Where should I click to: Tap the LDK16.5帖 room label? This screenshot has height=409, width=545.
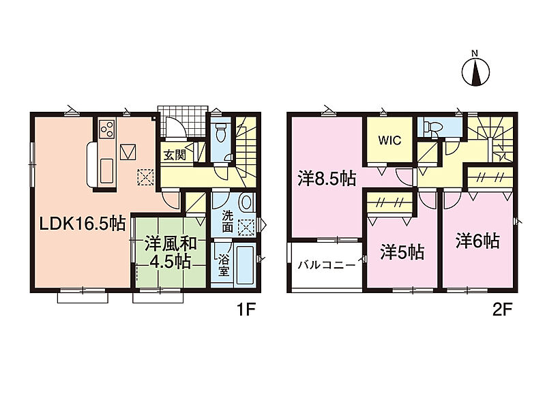pyautogui.click(x=83, y=224)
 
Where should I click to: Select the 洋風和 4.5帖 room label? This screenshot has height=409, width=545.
pyautogui.click(x=171, y=253)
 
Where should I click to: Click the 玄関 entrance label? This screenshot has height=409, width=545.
pyautogui.click(x=175, y=155)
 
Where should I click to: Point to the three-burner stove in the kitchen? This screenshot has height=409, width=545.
pyautogui.click(x=107, y=130)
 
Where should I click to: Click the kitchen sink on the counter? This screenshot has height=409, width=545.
pyautogui.click(x=107, y=170)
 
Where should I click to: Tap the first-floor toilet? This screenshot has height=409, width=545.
pyautogui.click(x=221, y=133)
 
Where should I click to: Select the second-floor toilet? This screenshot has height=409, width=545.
pyautogui.click(x=431, y=127)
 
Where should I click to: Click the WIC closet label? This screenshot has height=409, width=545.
pyautogui.click(x=389, y=140)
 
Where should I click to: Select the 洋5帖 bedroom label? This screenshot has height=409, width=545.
pyautogui.click(x=402, y=252)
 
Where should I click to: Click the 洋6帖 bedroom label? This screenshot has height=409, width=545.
pyautogui.click(x=477, y=241)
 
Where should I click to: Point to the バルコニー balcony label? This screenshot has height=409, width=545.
pyautogui.click(x=327, y=265)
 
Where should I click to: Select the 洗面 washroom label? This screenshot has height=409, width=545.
pyautogui.click(x=228, y=222)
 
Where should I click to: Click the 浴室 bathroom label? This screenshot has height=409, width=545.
pyautogui.click(x=224, y=266)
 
